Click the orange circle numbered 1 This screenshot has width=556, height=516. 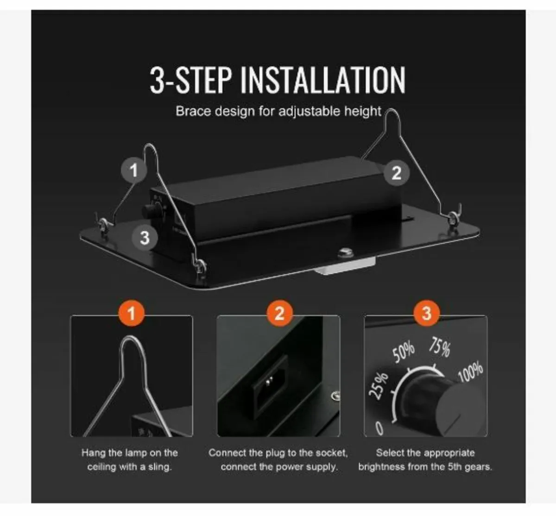[x=132, y=313]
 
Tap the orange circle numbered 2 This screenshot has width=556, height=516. [x=279, y=313]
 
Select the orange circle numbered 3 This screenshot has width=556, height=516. [x=426, y=313]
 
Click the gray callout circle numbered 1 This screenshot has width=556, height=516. [x=134, y=170]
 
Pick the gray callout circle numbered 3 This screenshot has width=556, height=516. [x=145, y=238]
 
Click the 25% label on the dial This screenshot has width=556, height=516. [x=378, y=385]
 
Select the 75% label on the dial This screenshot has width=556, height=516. [x=440, y=347]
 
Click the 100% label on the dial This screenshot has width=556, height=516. [x=471, y=372]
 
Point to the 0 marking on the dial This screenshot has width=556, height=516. [x=379, y=428]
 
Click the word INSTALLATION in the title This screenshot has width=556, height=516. [x=323, y=80]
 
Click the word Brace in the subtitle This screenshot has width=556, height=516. [x=193, y=111]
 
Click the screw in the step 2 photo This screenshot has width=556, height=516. [x=335, y=396]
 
